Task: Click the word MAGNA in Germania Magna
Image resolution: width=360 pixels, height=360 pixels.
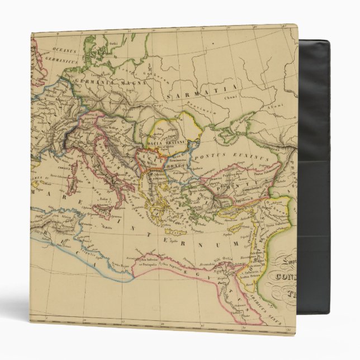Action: pos(131,83)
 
